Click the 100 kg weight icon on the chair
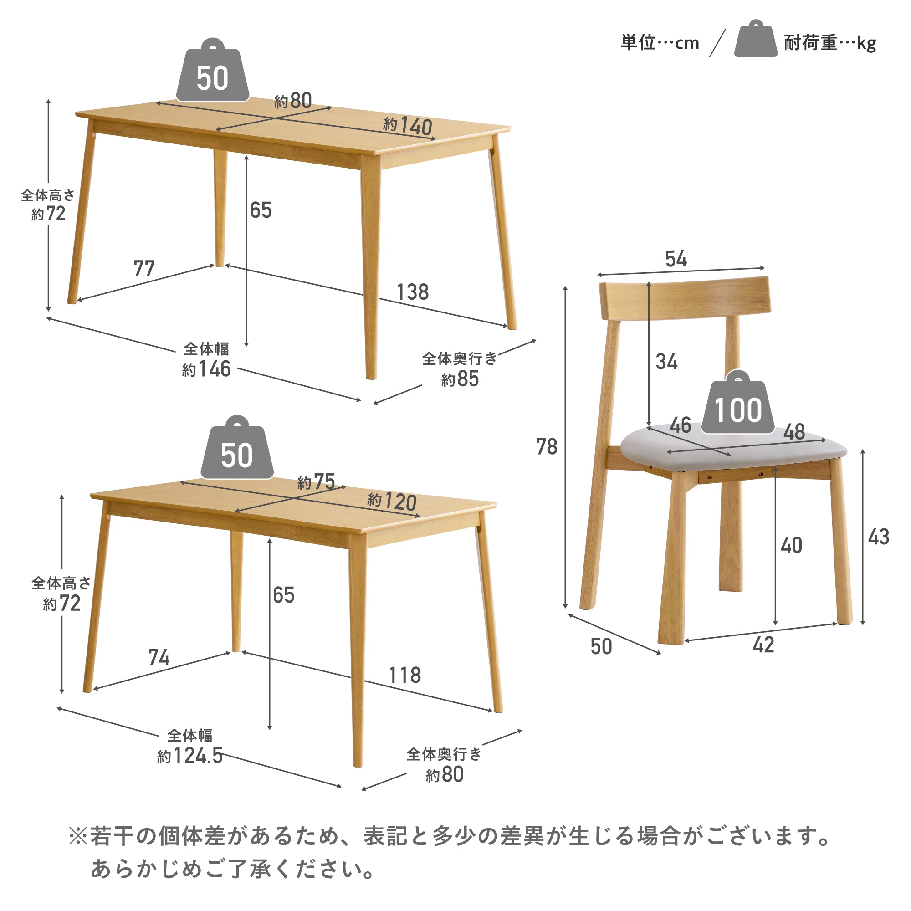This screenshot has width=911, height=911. pos(737,405)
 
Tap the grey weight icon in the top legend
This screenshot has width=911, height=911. pos(755,41)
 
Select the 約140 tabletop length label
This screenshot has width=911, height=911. pos(408,126)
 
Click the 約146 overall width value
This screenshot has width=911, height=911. pos(206,369)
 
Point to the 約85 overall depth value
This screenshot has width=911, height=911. pos(460,379)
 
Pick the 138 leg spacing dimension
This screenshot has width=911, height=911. pos(413,292)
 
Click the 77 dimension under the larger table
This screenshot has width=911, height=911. pos(144,269)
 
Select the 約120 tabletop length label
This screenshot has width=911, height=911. pos(392,502)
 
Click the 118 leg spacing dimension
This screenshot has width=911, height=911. pos(404,675)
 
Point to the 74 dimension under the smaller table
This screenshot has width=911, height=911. pos(159,657)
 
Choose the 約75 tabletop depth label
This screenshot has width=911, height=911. pos(317,482)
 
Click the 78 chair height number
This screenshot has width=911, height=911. pos(547,446)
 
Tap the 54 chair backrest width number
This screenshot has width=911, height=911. pos(676,259)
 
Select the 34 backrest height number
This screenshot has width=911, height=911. pos(666,362)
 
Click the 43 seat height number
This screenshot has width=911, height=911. pos(879,537)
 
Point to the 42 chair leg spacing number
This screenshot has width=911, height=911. pos(763,645)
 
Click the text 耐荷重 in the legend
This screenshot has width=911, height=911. pos(809,43)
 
